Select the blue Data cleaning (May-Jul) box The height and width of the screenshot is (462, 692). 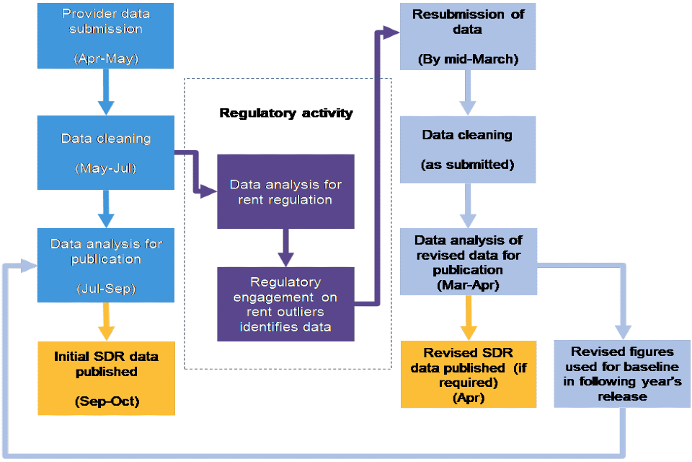106,152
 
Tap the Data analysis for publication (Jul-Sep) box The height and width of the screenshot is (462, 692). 106,265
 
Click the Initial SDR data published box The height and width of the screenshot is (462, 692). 106,378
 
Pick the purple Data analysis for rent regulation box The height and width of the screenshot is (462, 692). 286,191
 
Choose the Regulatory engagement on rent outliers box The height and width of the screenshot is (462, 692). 286,304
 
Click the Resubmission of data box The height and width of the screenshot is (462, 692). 469,36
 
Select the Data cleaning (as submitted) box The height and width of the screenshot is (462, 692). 469,149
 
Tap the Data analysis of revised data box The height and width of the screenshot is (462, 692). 469,262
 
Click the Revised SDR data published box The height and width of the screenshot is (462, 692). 469,374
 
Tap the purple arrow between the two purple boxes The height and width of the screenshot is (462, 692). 286,248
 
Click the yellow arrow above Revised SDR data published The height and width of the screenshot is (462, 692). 469,318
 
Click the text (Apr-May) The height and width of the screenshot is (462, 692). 106,58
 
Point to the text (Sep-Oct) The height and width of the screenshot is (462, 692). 106,401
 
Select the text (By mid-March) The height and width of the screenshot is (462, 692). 469,59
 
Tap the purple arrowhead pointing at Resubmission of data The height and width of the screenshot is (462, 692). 391,32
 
